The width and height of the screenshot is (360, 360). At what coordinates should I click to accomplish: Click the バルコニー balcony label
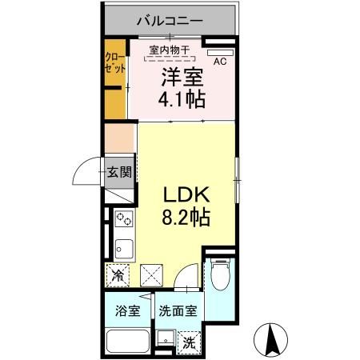coord(169,18)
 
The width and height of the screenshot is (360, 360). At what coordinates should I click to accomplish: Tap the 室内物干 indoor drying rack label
coord(168,50)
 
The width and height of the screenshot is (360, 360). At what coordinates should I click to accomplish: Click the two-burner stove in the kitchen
coord(124,218)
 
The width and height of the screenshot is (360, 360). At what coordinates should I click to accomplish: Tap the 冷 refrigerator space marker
coord(118,277)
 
